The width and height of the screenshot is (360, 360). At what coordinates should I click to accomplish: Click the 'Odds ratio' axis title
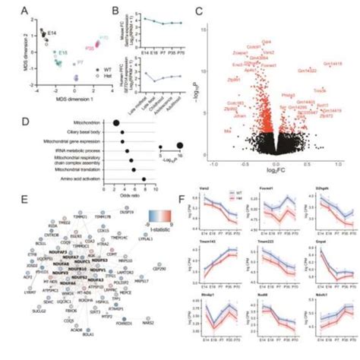point(122,198)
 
